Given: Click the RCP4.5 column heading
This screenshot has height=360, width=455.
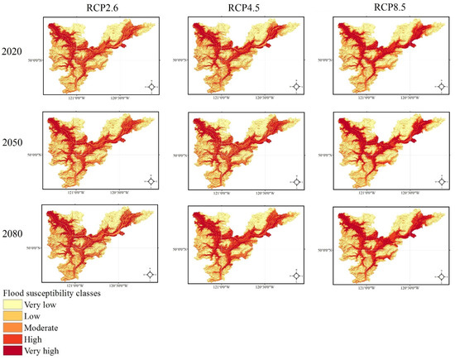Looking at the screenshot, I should pyautogui.click(x=244, y=7).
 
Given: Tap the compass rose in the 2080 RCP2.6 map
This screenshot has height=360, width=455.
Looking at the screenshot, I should pyautogui.click(x=151, y=274).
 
